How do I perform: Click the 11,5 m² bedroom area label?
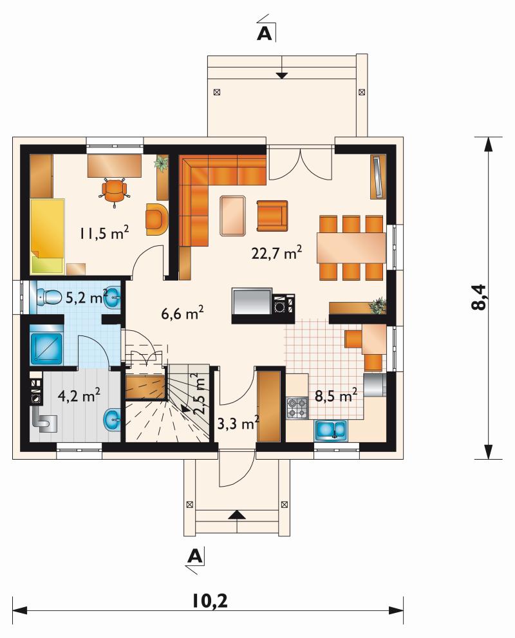coord(104,234)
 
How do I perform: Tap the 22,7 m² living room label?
coord(277,252)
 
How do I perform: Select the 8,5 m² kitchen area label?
coord(336,395)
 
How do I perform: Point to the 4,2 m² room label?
coord(79,395)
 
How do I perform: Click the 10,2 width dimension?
coord(210,601)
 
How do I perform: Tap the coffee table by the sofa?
coord(233,216)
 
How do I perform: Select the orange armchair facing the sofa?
coord(272,216)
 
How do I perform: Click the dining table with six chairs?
coord(351,248)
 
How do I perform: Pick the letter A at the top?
coord(265,34)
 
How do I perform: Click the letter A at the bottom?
coord(196,556)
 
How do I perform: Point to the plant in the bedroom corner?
coord(161,162)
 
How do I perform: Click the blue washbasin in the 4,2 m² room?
coord(112,420)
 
